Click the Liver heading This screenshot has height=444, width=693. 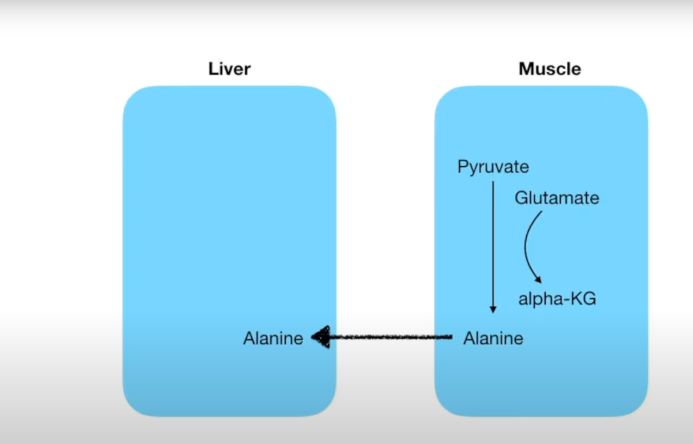(x=229, y=69)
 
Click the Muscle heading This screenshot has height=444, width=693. (x=550, y=69)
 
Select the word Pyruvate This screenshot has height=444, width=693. (x=493, y=166)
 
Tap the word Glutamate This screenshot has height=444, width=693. (x=557, y=198)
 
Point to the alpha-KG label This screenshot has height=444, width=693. (x=557, y=299)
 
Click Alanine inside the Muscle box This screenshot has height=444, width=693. (x=493, y=338)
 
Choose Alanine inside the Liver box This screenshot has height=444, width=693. (x=273, y=338)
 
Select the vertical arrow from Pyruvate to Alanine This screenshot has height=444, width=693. (x=493, y=244)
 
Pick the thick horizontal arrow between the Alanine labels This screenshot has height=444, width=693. (x=389, y=337)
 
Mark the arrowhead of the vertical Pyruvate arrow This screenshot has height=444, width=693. (x=493, y=309)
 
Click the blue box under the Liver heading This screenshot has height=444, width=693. (x=229, y=217)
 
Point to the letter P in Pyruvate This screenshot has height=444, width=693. (x=462, y=166)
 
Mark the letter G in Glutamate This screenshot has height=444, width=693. (x=521, y=198)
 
